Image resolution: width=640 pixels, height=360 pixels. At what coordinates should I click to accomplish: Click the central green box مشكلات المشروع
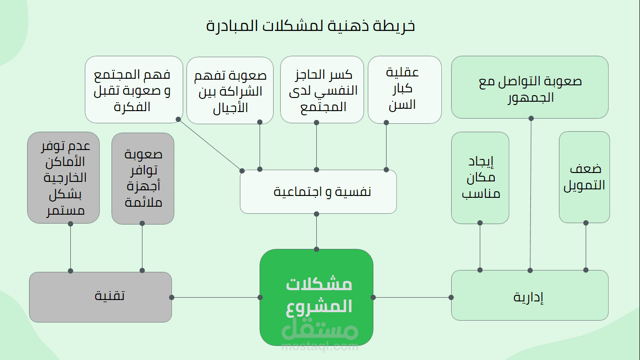[x=316, y=291]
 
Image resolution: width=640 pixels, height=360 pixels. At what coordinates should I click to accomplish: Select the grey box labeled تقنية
[x=100, y=297]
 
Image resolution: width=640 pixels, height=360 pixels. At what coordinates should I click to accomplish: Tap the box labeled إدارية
[x=529, y=297]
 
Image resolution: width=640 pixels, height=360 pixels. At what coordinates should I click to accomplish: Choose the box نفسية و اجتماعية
[x=318, y=192]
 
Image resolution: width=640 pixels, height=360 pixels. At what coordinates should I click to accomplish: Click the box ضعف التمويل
[x=584, y=177]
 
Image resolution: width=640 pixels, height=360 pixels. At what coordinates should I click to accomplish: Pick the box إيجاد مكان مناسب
[x=480, y=178]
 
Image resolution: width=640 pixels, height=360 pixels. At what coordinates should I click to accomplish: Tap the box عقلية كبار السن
[x=405, y=90]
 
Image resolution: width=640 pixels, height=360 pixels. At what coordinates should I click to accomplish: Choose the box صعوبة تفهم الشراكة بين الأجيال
[x=230, y=90]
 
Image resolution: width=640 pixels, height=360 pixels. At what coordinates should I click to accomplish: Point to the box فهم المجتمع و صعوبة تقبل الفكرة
[x=134, y=90]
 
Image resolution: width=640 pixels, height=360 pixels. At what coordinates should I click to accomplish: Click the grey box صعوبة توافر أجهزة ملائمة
[x=143, y=179]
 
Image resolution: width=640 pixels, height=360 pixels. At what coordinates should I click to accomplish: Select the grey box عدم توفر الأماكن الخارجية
[x=63, y=178]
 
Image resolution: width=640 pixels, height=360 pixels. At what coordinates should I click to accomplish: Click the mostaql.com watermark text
[x=320, y=347]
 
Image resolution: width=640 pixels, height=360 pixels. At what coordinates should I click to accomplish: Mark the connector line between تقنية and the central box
[x=216, y=297]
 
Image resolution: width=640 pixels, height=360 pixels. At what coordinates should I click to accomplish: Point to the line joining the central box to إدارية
[x=412, y=297]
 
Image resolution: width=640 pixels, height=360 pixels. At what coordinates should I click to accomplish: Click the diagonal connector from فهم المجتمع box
[x=210, y=145]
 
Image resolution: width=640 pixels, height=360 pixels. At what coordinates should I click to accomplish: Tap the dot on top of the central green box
[x=317, y=249]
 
